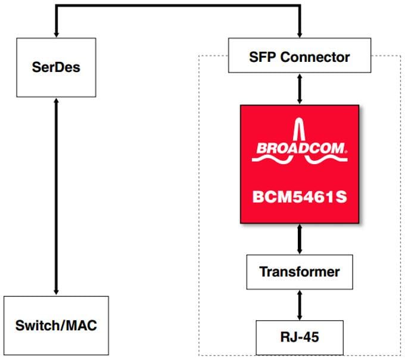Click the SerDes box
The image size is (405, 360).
pyautogui.click(x=56, y=67)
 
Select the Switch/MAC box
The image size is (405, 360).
pyautogui.click(x=56, y=325)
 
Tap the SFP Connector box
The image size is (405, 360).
pyautogui.click(x=299, y=58)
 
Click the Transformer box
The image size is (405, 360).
pyautogui.click(x=299, y=272)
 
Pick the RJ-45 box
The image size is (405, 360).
pyautogui.click(x=299, y=337)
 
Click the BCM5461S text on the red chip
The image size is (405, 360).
pyautogui.click(x=300, y=195)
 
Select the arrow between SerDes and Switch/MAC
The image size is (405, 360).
pyautogui.click(x=56, y=196)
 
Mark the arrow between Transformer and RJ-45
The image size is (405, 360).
pyautogui.click(x=299, y=305)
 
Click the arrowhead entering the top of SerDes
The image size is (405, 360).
pyautogui.click(x=56, y=33)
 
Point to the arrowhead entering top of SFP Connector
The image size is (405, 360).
pyautogui.click(x=299, y=33)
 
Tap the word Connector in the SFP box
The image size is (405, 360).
pyautogui.click(x=319, y=58)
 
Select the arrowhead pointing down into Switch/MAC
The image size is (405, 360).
pyautogui.click(x=56, y=291)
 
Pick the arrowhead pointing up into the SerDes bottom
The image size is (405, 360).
pyautogui.click(x=56, y=102)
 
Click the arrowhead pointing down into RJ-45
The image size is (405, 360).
pyautogui.click(x=299, y=317)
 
